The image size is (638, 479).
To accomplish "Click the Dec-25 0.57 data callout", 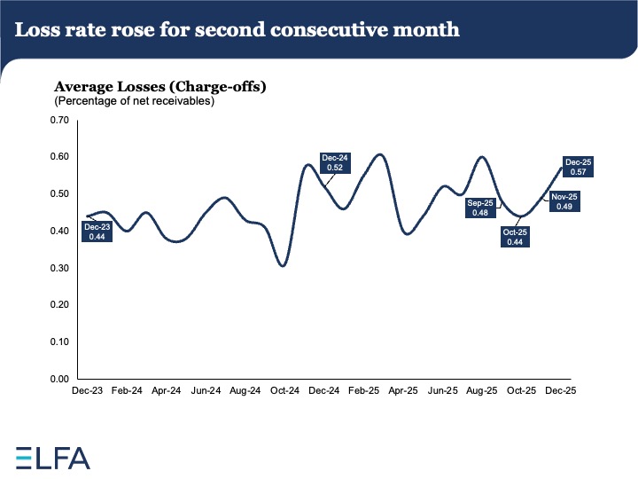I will (579, 168).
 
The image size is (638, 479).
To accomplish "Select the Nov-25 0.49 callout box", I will (564, 201).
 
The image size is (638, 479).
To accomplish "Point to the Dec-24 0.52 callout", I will (336, 162).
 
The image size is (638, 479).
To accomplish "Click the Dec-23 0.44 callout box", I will (97, 232).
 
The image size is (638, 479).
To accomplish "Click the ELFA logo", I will (53, 458).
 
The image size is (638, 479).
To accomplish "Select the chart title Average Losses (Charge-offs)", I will (160, 87).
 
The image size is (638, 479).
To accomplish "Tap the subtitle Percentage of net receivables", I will (135, 101).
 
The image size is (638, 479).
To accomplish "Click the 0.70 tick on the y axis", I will (58, 120).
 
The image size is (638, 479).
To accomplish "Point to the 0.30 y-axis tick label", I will (58, 268).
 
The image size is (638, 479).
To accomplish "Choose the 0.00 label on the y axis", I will (58, 379).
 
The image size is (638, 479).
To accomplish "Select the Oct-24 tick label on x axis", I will (284, 389).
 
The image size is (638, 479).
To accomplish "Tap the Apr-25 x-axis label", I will (403, 389).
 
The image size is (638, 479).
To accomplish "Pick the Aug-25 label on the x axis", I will (482, 389).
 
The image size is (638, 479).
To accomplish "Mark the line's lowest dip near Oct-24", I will (283, 265).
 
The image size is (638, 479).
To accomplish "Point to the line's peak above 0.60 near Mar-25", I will (379, 154).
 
